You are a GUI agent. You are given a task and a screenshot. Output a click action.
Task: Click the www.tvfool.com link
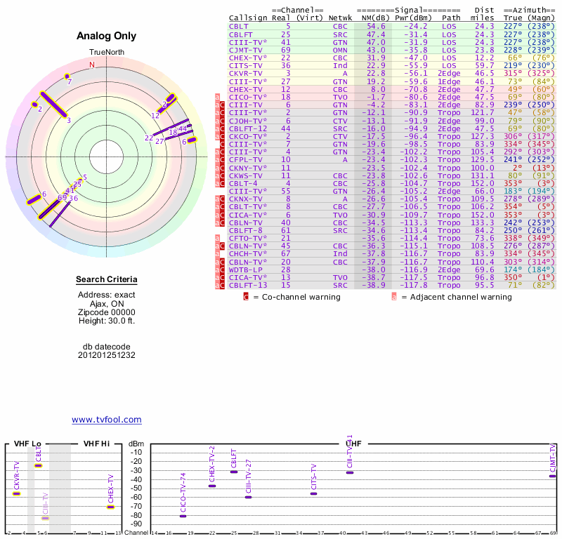coord(107,420)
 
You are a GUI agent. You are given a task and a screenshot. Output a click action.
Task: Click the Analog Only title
coord(107,36)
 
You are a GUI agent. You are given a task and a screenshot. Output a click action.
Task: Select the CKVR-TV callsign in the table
coord(246,72)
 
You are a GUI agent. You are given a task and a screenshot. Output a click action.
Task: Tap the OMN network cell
coord(340,49)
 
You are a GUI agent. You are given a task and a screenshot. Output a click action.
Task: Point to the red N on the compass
coord(91,65)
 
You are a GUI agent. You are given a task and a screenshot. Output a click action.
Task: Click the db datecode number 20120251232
coord(107,355)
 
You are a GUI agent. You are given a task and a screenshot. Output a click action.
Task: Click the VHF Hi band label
coord(97,444)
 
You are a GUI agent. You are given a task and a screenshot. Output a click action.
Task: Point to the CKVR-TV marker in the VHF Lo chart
coord(16,493)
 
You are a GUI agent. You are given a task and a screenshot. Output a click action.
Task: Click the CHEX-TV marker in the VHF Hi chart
coord(110,507)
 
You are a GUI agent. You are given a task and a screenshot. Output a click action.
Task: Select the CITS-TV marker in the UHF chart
coord(313,493)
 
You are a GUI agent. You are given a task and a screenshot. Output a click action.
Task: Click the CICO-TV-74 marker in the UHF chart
coord(183,516)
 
